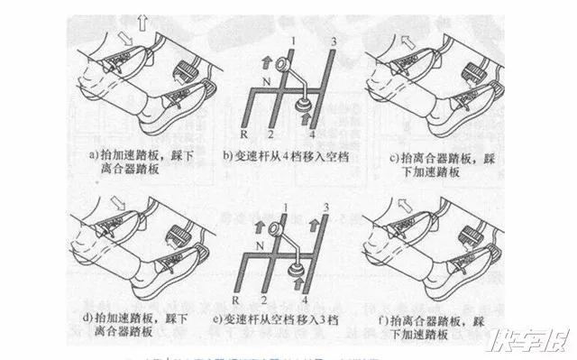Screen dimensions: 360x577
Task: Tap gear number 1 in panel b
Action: click(x=293, y=42)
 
